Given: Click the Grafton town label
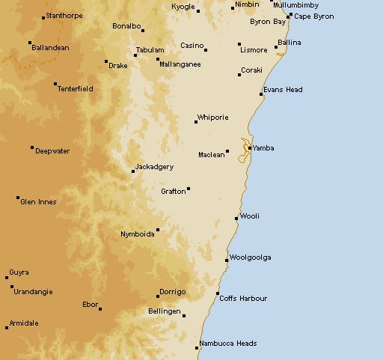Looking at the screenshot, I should (173, 192).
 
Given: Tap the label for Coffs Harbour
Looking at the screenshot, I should (243, 299).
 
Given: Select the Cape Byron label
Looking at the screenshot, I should (313, 16).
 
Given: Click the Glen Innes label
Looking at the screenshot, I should (38, 202).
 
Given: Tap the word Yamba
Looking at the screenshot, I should (263, 148).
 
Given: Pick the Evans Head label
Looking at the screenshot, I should (283, 90).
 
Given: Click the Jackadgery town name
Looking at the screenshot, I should (154, 167).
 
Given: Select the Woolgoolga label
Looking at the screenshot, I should (250, 257).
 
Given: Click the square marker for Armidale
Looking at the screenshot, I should (7, 327).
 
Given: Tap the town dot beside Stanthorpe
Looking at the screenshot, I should (43, 16).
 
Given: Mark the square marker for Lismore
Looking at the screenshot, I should (239, 44).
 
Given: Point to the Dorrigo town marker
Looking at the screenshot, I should (158, 296).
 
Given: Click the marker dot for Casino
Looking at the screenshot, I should (206, 50).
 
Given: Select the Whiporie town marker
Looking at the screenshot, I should (196, 122).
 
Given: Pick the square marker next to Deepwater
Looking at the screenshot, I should (32, 147).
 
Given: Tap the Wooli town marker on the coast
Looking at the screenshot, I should (236, 219).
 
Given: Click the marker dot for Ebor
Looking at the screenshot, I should (100, 308).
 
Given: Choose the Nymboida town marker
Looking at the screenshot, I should (158, 230).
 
